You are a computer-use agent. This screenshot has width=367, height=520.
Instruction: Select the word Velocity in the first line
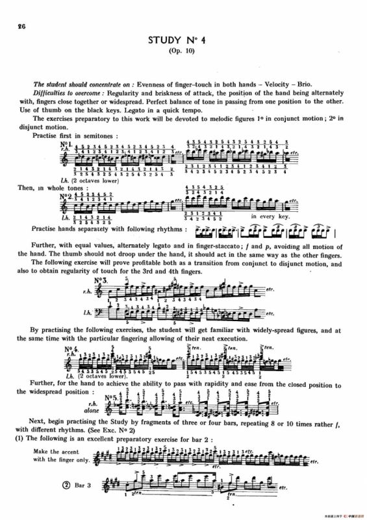coord(285,84)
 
